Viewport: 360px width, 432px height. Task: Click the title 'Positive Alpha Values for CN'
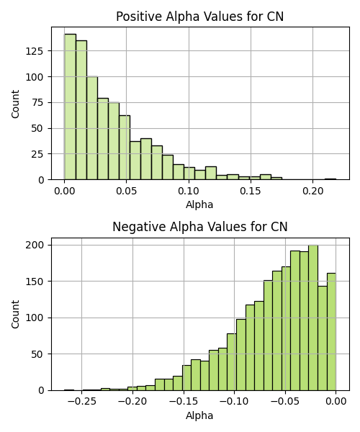(199, 17)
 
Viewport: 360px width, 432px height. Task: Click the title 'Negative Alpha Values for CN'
(200, 227)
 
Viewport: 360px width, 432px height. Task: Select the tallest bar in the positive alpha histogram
(71, 107)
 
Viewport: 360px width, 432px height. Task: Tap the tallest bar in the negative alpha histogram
(313, 318)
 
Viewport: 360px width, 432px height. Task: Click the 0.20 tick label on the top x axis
(313, 191)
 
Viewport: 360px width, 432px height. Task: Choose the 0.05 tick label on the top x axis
(127, 191)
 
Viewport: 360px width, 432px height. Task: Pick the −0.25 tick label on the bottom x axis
(81, 402)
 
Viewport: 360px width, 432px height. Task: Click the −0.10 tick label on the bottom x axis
(235, 402)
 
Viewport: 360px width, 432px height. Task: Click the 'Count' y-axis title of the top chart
(15, 104)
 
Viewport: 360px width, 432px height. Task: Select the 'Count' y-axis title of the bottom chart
(15, 315)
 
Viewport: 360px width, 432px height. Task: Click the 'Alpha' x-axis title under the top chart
(199, 205)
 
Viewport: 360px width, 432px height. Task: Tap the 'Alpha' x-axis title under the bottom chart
(199, 415)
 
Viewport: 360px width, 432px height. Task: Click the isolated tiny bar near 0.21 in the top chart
(330, 179)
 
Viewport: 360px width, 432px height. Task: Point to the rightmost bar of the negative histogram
(331, 332)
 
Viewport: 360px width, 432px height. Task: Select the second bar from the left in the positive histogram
(81, 110)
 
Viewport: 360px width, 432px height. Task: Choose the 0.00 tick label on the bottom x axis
(336, 402)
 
